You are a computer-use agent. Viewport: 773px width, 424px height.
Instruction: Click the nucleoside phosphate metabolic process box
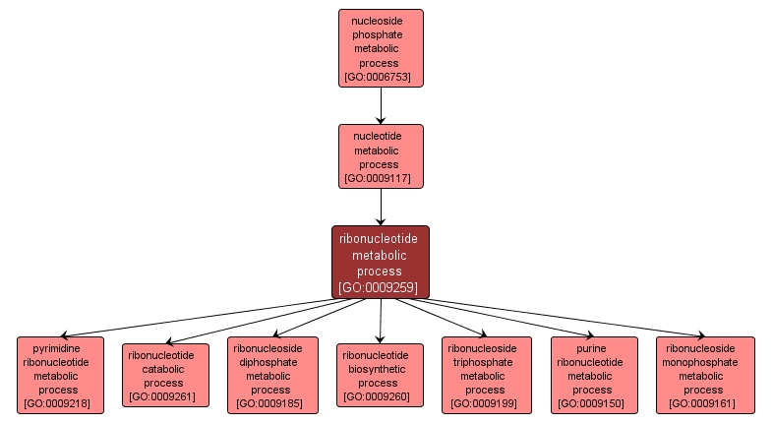(x=381, y=48)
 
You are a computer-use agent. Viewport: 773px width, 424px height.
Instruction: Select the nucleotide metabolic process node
(x=381, y=156)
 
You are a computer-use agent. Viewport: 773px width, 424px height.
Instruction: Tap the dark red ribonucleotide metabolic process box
(x=380, y=262)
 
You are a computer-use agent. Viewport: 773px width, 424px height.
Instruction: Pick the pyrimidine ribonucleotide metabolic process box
(x=60, y=375)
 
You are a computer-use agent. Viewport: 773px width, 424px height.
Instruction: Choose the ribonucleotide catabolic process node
(x=164, y=375)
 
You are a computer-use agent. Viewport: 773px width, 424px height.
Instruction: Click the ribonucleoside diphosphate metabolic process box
(x=272, y=375)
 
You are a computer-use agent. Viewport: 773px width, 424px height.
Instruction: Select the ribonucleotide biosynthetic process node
(x=380, y=375)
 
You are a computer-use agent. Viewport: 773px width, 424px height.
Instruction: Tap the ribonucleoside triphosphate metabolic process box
(x=486, y=375)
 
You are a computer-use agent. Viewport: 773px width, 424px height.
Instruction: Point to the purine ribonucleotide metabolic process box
(x=592, y=375)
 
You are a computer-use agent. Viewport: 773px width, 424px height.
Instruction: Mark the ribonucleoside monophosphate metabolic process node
(x=704, y=375)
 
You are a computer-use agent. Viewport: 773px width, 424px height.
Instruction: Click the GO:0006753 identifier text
(x=381, y=77)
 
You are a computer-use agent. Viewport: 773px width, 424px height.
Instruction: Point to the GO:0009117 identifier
(x=381, y=179)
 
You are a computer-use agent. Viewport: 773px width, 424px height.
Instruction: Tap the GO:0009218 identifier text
(x=60, y=403)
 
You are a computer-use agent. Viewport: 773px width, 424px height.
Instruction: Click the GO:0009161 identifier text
(x=704, y=403)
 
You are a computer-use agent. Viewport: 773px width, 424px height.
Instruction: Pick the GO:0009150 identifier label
(x=592, y=403)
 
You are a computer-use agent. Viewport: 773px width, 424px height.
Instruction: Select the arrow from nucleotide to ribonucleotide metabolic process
(x=381, y=207)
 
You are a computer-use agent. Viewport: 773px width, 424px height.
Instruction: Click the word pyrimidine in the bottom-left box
(x=56, y=347)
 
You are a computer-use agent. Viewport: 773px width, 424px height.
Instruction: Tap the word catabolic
(x=164, y=369)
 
